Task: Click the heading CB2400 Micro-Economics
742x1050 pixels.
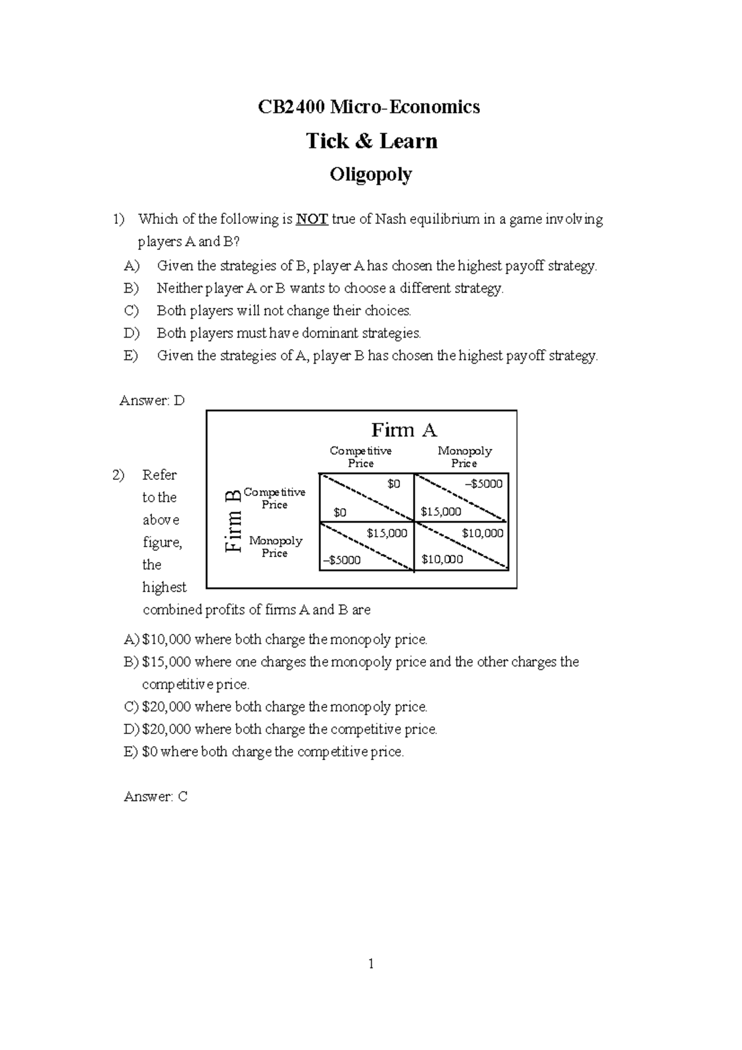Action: (369, 107)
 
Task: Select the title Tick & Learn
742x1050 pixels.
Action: (372, 141)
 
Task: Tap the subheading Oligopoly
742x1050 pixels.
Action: (370, 175)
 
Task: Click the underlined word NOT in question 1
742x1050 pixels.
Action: (312, 219)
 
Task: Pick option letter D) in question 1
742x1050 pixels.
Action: (132, 333)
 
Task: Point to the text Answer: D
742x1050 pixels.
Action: (152, 401)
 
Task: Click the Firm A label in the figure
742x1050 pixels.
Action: (404, 430)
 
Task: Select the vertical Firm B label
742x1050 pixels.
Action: (232, 521)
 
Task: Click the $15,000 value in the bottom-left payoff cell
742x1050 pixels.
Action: (386, 533)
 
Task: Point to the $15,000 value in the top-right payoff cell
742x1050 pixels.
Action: (441, 511)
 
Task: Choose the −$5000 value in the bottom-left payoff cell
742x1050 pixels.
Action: (341, 560)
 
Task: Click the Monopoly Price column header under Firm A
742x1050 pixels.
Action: (464, 457)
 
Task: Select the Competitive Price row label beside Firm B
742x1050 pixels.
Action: (274, 498)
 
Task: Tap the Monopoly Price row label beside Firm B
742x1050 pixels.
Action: (275, 547)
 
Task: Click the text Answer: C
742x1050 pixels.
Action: (155, 796)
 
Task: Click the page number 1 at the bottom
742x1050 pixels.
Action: (370, 963)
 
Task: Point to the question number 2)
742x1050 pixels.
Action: (118, 475)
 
